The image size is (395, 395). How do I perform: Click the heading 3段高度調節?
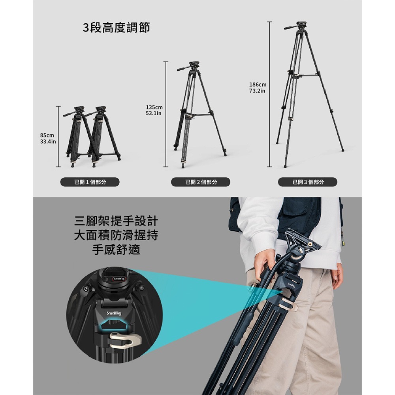[116, 28]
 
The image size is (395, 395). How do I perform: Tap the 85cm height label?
[47, 135]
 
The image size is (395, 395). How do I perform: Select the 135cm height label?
[154, 107]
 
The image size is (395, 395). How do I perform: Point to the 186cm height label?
[258, 85]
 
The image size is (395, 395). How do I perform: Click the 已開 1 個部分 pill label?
[90, 182]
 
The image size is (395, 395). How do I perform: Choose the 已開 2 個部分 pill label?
[200, 182]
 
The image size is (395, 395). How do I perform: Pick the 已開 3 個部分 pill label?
[307, 182]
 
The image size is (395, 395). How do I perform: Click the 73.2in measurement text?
[257, 91]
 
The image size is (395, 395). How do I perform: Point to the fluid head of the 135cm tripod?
[194, 65]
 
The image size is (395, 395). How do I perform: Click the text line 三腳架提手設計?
[116, 220]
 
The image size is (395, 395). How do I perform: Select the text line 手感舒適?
[116, 250]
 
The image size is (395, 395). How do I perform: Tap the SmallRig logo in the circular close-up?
[114, 313]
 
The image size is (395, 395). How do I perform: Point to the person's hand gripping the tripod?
[264, 265]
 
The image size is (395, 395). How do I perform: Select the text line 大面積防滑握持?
[116, 235]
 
